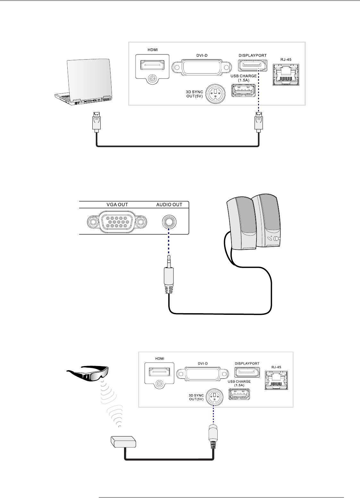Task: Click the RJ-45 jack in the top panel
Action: (286, 75)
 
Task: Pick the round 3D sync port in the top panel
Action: (215, 93)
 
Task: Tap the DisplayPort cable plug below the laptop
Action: (97, 122)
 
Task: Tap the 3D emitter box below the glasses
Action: (123, 442)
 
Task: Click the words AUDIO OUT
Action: (169, 205)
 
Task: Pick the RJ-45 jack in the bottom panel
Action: (276, 381)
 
